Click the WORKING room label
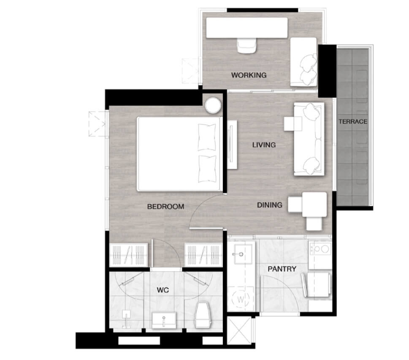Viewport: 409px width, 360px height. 249,75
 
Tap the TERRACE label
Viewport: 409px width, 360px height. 353,121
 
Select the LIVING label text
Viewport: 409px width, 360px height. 264,145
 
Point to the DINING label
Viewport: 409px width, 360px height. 269,205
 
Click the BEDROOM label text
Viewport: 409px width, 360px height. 165,207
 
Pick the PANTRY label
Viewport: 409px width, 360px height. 282,269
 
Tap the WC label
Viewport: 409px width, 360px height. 163,290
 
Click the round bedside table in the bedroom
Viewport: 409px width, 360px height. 213,105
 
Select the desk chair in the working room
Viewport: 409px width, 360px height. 247,46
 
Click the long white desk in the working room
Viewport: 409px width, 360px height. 247,27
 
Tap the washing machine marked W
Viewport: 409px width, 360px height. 241,299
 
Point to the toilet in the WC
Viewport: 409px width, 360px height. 203,315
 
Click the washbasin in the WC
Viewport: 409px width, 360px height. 164,320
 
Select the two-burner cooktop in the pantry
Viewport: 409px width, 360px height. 320,249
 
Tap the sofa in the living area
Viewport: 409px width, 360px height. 309,139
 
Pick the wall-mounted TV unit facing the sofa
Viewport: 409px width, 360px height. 232,145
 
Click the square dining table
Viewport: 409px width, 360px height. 314,205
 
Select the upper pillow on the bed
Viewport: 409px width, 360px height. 207,137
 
